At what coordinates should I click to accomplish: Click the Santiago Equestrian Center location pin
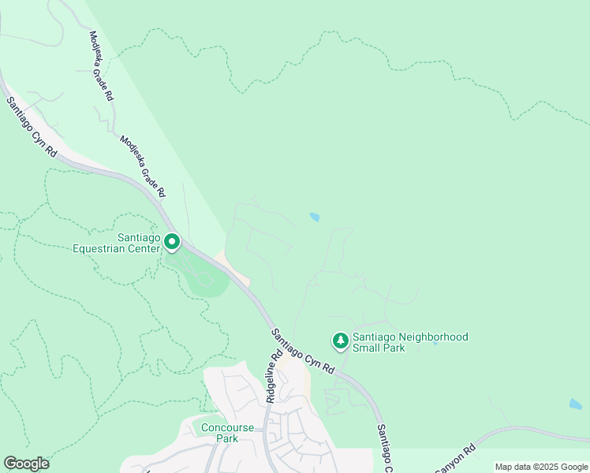171,244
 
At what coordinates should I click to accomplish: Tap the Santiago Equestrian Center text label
118,242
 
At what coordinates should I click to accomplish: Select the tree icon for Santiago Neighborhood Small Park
340,341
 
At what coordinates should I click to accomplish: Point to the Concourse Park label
227,433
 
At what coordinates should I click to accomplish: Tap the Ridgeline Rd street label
273,377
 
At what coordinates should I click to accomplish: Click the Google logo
26,464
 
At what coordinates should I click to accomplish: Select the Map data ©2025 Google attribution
541,467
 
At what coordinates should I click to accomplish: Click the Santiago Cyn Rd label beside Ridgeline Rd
303,352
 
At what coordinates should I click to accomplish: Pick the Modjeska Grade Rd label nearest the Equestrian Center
143,166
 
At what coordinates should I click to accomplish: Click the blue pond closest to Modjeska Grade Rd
315,217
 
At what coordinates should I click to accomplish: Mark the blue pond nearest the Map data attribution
575,404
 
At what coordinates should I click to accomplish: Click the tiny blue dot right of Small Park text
435,344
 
